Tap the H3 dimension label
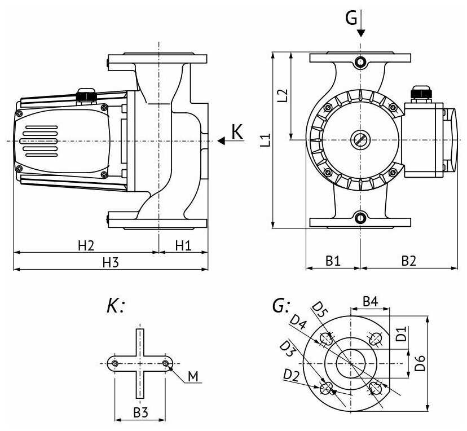[111, 262]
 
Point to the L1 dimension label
[265, 140]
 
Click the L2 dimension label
[283, 95]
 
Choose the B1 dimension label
[333, 261]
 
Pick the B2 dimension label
[408, 261]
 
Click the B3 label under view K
[140, 412]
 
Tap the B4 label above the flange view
[370, 301]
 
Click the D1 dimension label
[400, 333]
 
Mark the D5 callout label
[320, 309]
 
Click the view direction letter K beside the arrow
[237, 132]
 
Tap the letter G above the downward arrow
[351, 19]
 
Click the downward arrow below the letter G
[360, 29]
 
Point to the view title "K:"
[115, 306]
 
